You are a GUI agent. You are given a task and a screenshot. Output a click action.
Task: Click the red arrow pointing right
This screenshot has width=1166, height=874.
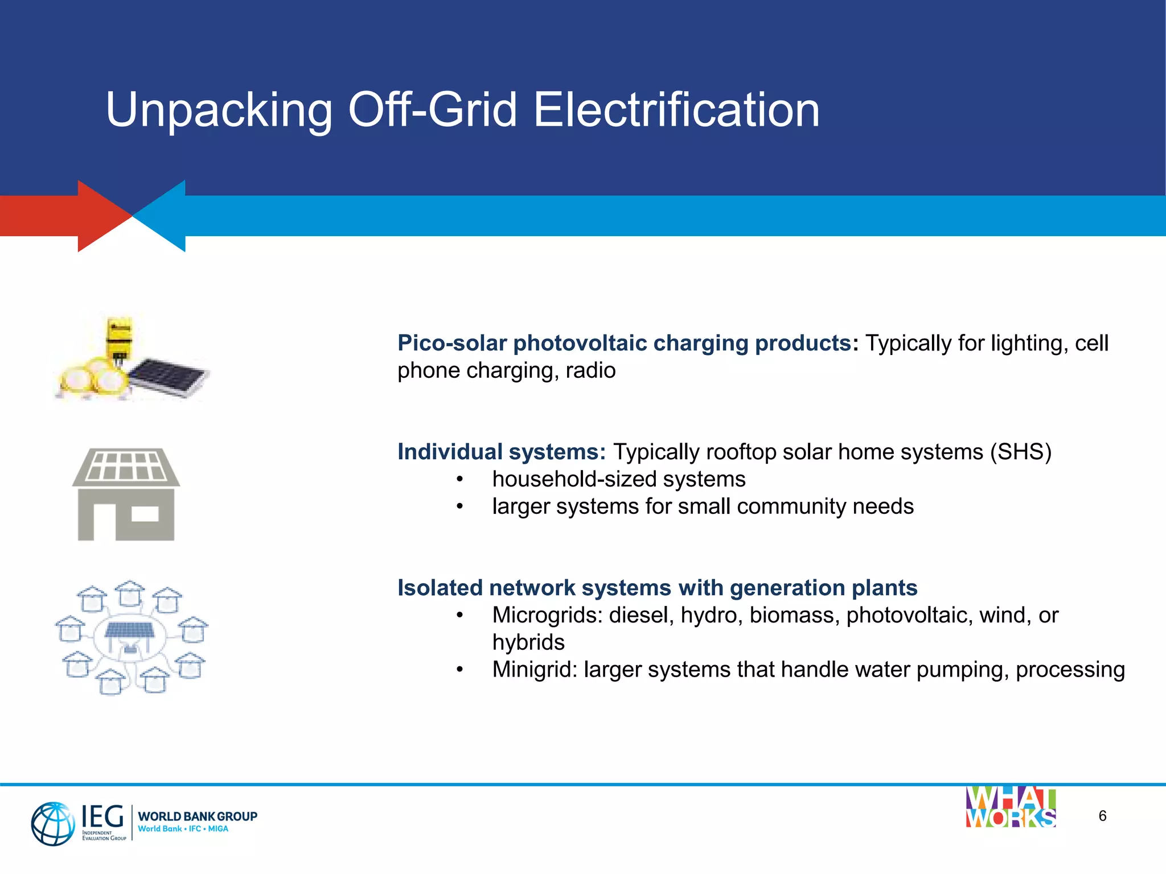coord(68,216)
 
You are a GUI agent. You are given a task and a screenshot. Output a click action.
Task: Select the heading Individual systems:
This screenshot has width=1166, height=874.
coord(501,452)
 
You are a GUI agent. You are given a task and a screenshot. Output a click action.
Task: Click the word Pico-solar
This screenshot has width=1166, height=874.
coord(452,343)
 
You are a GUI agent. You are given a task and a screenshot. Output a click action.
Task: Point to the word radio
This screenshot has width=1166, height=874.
coord(590,371)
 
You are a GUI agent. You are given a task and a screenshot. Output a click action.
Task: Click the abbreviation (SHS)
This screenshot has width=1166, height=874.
coord(1020,452)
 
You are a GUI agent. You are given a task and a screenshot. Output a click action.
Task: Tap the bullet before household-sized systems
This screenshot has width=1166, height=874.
coord(459,480)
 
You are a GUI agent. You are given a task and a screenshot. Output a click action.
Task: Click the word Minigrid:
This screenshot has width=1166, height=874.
coord(535,670)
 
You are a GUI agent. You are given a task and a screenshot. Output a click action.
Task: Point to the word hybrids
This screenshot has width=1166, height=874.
coord(528,642)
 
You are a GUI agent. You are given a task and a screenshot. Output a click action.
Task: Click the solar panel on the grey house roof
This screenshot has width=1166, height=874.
coord(126,465)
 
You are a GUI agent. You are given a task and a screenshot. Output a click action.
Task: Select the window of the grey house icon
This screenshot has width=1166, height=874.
coord(145,514)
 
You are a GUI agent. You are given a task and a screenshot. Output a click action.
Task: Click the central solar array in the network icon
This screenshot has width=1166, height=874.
coord(130,630)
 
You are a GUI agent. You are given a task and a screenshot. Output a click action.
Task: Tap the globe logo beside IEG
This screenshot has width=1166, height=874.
coord(52,823)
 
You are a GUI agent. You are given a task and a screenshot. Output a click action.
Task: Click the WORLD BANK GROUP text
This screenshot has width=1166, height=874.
coord(198,816)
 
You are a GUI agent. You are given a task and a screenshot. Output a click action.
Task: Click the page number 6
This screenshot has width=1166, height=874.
coord(1102,816)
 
